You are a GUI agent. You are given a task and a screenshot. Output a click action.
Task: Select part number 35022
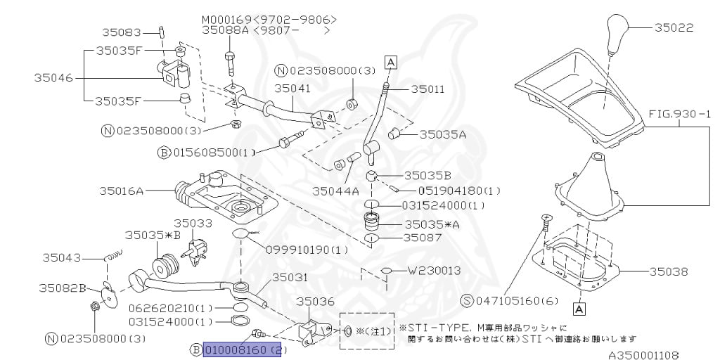point(674,28)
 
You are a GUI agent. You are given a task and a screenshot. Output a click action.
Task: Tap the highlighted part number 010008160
point(242,349)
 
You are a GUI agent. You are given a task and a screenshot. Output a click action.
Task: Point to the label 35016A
point(121,190)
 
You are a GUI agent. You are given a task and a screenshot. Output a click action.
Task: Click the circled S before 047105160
point(467,301)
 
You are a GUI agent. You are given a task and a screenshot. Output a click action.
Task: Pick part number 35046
point(53,78)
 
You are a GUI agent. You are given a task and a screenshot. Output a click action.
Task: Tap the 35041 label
point(292,89)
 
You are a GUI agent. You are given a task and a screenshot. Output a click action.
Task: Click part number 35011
point(427,89)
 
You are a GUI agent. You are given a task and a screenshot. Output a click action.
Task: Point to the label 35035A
point(443,134)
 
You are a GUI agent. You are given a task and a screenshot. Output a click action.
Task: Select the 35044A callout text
point(335,190)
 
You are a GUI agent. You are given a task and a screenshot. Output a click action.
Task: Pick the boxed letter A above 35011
point(390,63)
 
